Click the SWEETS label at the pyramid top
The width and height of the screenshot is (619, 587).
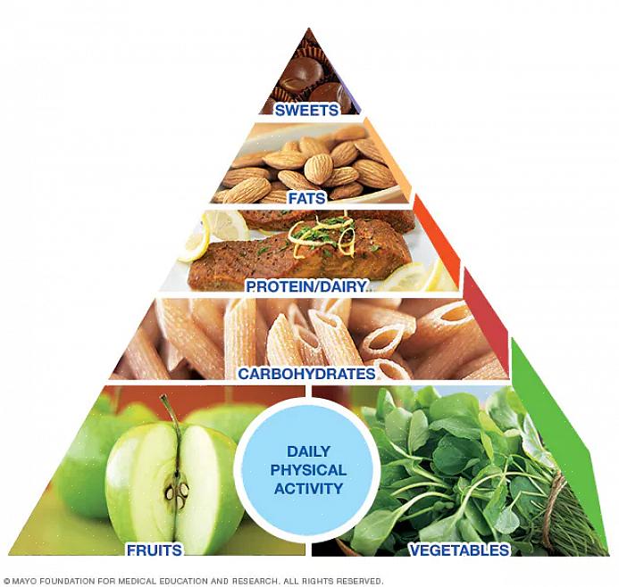point(306,111)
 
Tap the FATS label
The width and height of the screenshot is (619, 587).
point(306,198)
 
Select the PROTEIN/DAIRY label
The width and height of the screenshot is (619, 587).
point(307,286)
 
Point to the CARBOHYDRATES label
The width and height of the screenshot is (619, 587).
point(306,373)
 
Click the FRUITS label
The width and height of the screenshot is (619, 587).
point(154,550)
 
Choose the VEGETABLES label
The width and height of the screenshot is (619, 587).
point(461,550)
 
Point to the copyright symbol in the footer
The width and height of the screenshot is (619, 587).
point(6,581)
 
